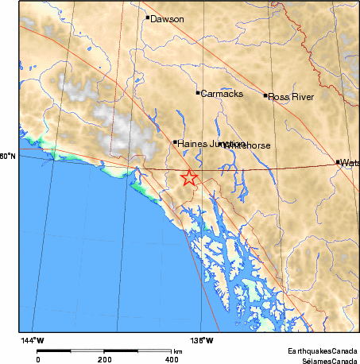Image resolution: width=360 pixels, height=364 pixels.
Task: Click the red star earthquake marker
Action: coord(189,178)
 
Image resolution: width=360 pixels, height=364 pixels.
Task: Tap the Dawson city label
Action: coord(166,18)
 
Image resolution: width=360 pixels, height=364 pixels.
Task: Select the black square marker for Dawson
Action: coord(148,17)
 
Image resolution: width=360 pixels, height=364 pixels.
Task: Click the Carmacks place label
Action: coord(218,94)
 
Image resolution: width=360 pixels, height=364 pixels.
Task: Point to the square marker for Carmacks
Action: coord(198,93)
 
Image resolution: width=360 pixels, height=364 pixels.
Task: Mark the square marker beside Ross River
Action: coord(265,95)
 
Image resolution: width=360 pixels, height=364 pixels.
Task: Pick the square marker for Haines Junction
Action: coord(175,142)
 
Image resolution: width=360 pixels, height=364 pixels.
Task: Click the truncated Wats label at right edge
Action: coord(350,163)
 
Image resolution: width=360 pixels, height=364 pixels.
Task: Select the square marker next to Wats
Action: coord(338,162)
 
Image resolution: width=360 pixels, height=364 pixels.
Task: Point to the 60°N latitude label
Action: coord(7,156)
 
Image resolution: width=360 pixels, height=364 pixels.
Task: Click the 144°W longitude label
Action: coord(33,340)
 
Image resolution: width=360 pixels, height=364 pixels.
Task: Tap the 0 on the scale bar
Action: coord(38,359)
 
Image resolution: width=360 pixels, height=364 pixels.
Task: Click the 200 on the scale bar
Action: coord(104,359)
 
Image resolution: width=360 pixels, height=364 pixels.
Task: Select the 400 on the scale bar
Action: coord(170,359)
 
